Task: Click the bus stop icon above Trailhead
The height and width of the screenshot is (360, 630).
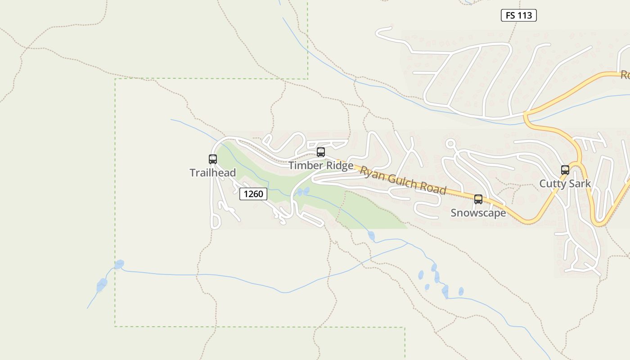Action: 213,159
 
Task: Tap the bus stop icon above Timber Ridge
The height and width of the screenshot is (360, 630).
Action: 321,152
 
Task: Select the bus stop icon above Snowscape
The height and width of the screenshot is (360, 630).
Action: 478,199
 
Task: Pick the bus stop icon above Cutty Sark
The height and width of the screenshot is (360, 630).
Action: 565,170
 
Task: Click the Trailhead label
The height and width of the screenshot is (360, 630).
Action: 213,173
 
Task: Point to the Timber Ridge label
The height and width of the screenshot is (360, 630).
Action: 321,166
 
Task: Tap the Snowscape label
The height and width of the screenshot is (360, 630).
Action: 478,213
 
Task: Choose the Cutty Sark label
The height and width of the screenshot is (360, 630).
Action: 565,184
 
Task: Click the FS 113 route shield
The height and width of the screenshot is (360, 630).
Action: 519,15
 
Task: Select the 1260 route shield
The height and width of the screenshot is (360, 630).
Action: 253,194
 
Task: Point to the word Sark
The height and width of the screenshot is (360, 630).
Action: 579,184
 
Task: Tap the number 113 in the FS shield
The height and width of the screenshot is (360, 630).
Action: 525,15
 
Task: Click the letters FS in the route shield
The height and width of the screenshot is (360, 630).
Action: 510,15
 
